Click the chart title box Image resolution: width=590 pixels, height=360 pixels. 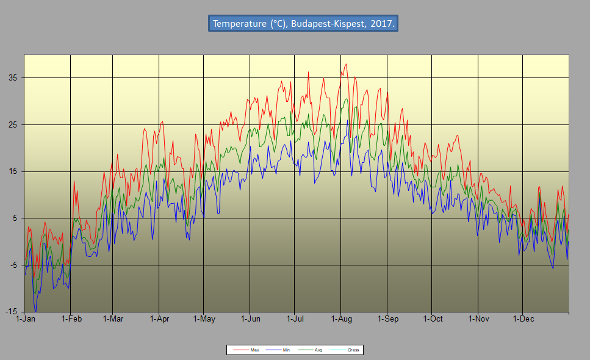click(x=303, y=24)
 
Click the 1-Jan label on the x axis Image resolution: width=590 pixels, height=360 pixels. click(x=24, y=319)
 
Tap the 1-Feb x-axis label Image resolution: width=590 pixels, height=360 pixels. click(x=71, y=319)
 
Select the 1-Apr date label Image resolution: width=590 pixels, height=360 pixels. click(x=159, y=319)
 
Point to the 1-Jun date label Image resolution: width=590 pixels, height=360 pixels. click(x=250, y=319)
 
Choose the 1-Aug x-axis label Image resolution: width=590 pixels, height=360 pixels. click(x=341, y=319)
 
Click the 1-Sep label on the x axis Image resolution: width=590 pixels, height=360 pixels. click(x=387, y=319)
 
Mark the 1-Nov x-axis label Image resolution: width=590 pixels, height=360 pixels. click(x=478, y=319)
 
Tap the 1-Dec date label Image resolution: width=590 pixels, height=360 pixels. click(x=523, y=319)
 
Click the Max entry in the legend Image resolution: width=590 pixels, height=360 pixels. click(x=254, y=350)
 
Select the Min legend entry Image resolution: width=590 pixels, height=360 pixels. click(x=286, y=350)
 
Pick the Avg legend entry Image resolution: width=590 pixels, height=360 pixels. click(x=318, y=350)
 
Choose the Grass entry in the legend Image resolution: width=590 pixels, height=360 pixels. click(x=353, y=350)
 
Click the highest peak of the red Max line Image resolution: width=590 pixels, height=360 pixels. click(x=347, y=64)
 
